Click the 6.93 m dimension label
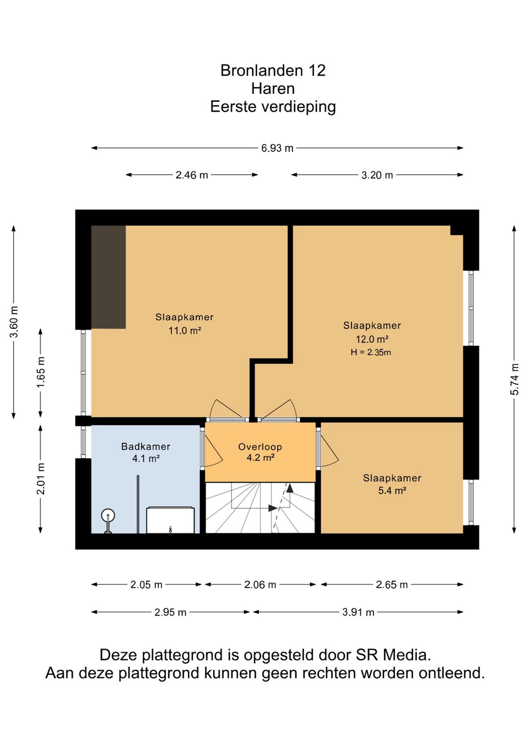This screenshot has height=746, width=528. (x=277, y=148)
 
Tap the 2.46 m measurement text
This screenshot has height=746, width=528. (x=192, y=175)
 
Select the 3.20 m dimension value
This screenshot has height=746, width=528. (x=377, y=175)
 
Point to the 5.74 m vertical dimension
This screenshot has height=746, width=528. (x=515, y=379)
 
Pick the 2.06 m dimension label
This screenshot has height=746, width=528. (x=260, y=585)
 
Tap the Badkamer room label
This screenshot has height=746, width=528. (x=146, y=446)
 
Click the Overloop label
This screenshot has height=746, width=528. (x=260, y=447)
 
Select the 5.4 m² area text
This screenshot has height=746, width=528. (x=392, y=490)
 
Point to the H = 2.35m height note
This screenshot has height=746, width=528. (x=371, y=352)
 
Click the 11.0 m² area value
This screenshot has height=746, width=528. (x=184, y=330)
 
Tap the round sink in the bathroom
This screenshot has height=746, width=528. (x=108, y=516)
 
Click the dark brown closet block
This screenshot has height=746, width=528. (x=109, y=277)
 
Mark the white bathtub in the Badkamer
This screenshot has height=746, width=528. (x=170, y=520)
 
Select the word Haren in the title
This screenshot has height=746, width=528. (x=273, y=88)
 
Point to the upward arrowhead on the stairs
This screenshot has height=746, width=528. (x=290, y=488)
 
